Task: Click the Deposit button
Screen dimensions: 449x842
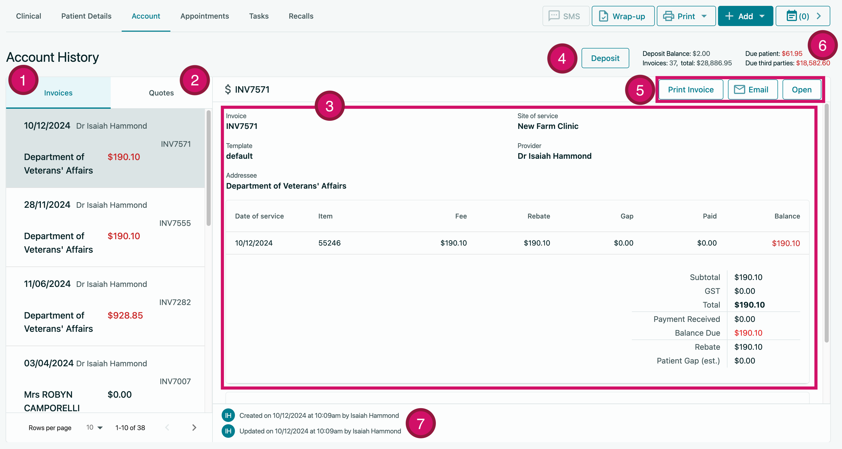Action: [x=605, y=58]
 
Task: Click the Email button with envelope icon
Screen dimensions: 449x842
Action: [x=752, y=90]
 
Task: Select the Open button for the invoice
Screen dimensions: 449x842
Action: [x=801, y=90]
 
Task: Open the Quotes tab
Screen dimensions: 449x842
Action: [x=161, y=93]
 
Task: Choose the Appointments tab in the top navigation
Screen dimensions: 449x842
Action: [x=205, y=16]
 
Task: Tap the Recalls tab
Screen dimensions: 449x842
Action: [x=301, y=16]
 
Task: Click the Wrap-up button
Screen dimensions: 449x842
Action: [x=623, y=16]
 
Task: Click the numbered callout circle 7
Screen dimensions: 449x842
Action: [x=420, y=423]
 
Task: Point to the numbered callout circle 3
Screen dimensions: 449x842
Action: [x=330, y=106]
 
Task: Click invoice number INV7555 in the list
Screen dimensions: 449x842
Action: [x=175, y=223]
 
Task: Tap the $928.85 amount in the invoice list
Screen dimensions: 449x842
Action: [x=125, y=315]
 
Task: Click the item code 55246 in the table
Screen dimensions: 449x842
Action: [x=329, y=243]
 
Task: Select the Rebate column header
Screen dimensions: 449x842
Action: [x=538, y=216]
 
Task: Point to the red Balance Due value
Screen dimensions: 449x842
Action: [x=748, y=333]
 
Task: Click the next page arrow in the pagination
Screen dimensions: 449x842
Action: [x=194, y=427]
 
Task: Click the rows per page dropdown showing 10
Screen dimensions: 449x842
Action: [x=94, y=427]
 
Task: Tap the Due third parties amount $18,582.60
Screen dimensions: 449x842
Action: [x=813, y=63]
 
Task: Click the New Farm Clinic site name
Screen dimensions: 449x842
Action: [x=548, y=126]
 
